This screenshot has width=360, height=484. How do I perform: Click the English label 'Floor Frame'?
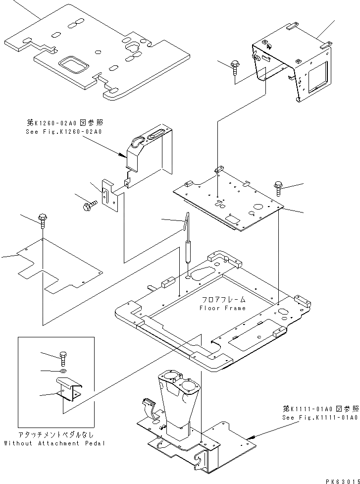222,308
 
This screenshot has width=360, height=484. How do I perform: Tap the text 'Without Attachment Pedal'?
54,443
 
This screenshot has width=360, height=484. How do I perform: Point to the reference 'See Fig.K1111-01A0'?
319,418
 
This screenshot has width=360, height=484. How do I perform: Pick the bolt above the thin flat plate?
43,220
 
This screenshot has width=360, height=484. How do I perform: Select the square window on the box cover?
315,78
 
